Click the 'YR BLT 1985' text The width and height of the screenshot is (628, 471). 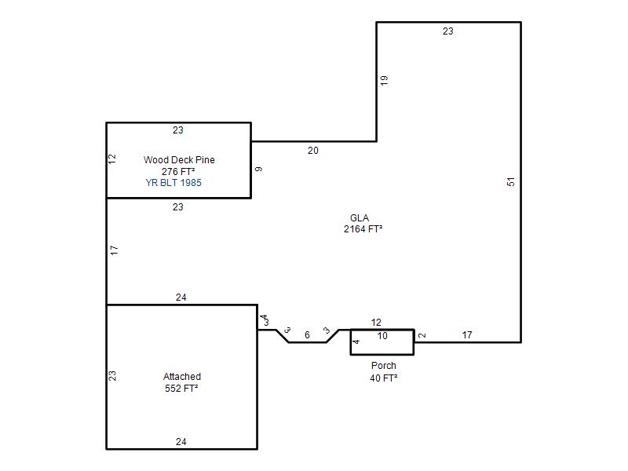tap(173, 183)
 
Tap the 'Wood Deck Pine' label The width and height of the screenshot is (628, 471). tap(179, 160)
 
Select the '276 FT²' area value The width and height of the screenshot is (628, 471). tap(178, 171)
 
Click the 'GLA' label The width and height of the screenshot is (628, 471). tap(360, 218)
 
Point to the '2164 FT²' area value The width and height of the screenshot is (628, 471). tap(363, 229)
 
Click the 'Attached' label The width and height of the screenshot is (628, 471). tap(182, 377)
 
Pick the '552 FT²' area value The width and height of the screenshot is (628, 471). tap(181, 388)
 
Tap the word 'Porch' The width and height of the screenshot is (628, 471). tap(383, 366)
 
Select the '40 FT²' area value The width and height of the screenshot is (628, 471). tap(383, 378)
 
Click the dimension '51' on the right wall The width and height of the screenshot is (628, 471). tap(511, 182)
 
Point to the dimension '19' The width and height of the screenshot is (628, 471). tap(384, 81)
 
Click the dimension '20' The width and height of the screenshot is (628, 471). tap(312, 151)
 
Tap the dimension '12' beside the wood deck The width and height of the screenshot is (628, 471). tap(112, 159)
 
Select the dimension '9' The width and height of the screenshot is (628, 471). tap(259, 170)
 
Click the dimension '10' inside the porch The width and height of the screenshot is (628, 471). tap(382, 336)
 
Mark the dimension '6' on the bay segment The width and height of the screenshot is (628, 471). tap(307, 335)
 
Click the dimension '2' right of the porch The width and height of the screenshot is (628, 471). tap(422, 335)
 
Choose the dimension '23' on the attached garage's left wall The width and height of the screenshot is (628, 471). tap(112, 376)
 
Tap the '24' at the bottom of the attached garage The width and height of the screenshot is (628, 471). tap(181, 442)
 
